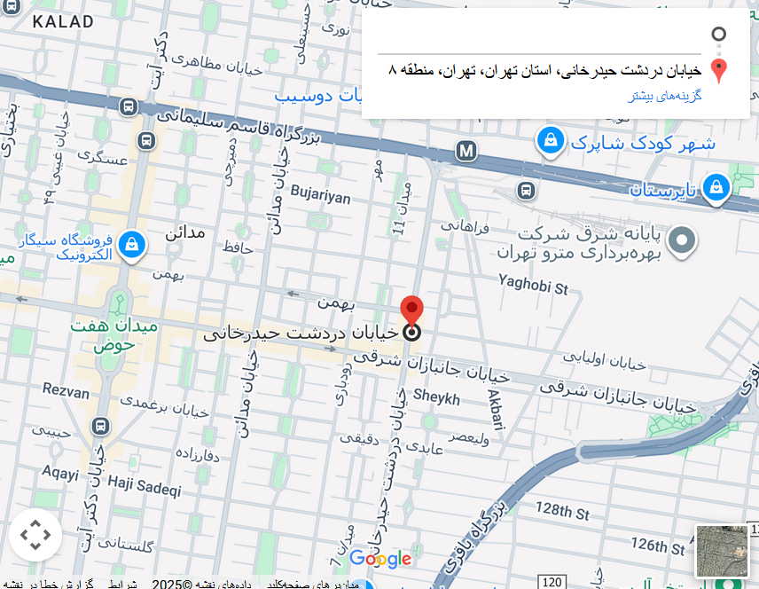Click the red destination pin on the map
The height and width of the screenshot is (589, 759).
pyautogui.click(x=411, y=310)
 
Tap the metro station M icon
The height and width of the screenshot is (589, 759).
pyautogui.click(x=466, y=151)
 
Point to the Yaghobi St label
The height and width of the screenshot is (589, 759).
pyautogui.click(x=533, y=286)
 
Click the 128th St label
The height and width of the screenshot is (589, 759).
pyautogui.click(x=561, y=511)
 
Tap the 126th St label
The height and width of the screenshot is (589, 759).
pyautogui.click(x=659, y=543)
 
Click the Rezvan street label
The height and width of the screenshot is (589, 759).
pyautogui.click(x=66, y=391)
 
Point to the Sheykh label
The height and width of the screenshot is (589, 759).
pyautogui.click(x=436, y=398)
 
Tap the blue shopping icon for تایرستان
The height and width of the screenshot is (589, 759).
pyautogui.click(x=716, y=188)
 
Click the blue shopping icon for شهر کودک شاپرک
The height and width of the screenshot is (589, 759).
pyautogui.click(x=551, y=140)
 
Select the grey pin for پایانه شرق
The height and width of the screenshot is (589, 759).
pyautogui.click(x=682, y=240)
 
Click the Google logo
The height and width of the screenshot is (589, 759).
pyautogui.click(x=380, y=559)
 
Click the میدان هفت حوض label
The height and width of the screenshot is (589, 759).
pyautogui.click(x=114, y=334)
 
